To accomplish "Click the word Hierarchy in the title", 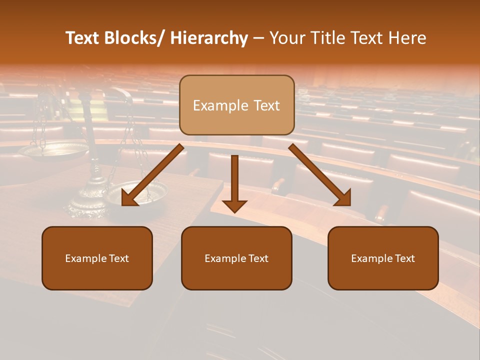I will coord(209,38).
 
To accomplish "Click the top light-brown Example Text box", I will coord(236,105).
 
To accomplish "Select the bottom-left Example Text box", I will coord(97,258).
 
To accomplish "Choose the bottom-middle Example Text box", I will coord(236,258).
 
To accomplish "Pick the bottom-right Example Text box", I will coord(383,258).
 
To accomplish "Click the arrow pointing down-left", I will coord(153,174).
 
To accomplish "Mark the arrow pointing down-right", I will coord(320,174).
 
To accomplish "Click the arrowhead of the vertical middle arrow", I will coord(234,205).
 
